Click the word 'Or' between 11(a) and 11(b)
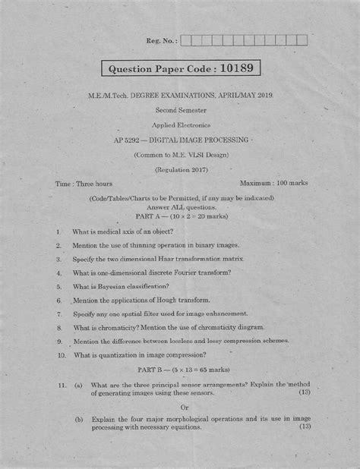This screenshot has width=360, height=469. point(179,405)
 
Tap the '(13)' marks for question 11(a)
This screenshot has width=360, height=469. point(305,392)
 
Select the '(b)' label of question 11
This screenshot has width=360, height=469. point(79,419)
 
